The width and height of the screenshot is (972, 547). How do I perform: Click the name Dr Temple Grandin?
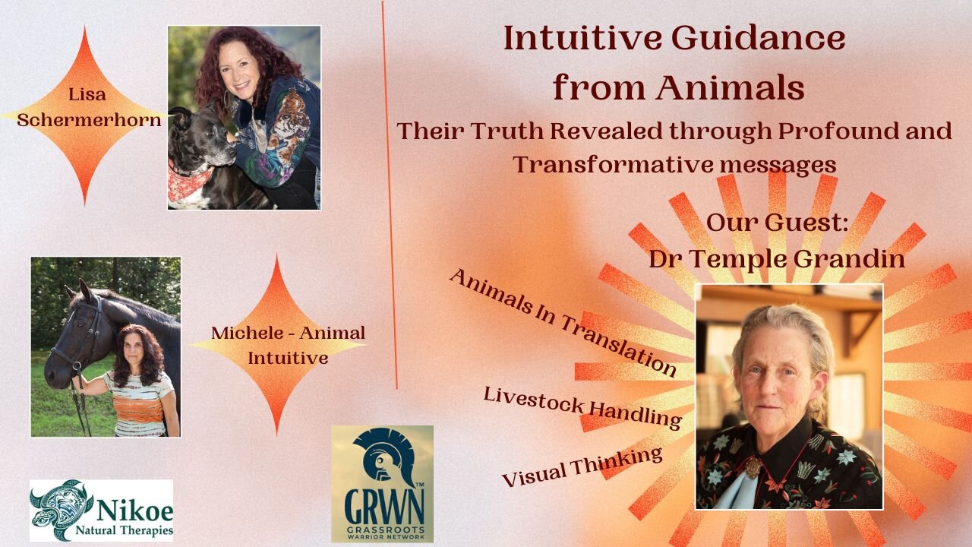pyautogui.click(x=776, y=258)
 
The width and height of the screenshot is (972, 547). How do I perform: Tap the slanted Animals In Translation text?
pyautogui.click(x=562, y=322)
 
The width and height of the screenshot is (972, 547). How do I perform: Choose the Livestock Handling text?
pyautogui.click(x=582, y=406)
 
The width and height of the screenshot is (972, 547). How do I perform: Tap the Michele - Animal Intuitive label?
pyautogui.click(x=288, y=344)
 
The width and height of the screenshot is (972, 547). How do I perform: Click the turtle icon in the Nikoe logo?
pyautogui.click(x=61, y=509)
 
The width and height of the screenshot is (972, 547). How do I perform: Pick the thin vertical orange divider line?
pyautogui.click(x=389, y=190)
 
